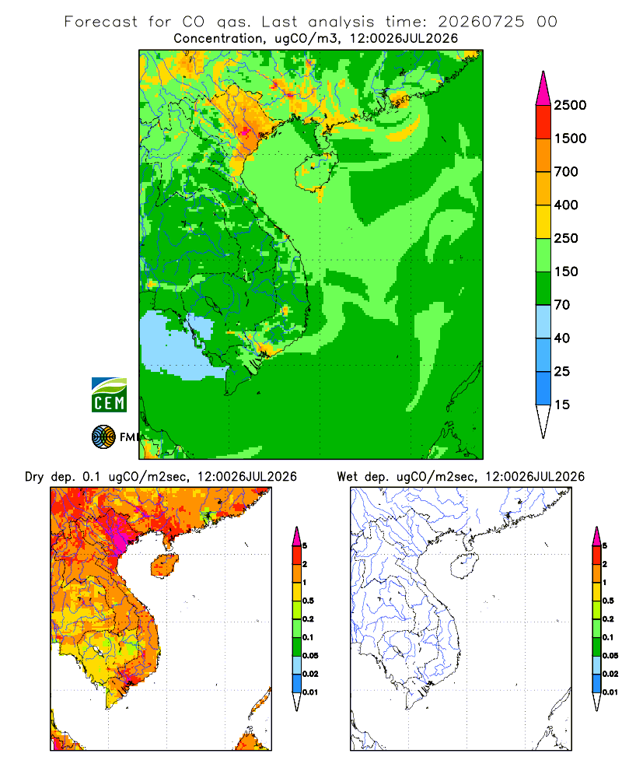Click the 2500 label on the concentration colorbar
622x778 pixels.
[x=570, y=105]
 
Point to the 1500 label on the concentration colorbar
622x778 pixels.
[x=570, y=138]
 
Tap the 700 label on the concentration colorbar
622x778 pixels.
[x=566, y=172]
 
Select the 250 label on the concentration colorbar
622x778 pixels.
[x=566, y=238]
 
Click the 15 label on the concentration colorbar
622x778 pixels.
[x=562, y=405]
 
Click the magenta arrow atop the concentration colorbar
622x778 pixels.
[x=543, y=89]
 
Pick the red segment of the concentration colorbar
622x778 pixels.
[x=543, y=121]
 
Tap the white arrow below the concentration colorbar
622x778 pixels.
[x=543, y=421]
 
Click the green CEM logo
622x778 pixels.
[x=109, y=395]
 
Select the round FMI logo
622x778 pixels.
[x=103, y=437]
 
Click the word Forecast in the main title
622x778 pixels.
[x=101, y=22]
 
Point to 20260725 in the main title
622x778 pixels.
[x=480, y=22]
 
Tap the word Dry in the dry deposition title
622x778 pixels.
[x=34, y=477]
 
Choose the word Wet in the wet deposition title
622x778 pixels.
[x=347, y=477]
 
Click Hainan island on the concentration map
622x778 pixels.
[x=316, y=171]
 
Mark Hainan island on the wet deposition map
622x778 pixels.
[x=464, y=566]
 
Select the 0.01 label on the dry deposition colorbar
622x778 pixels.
[x=310, y=692]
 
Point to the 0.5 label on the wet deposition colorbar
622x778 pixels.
[x=608, y=601]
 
